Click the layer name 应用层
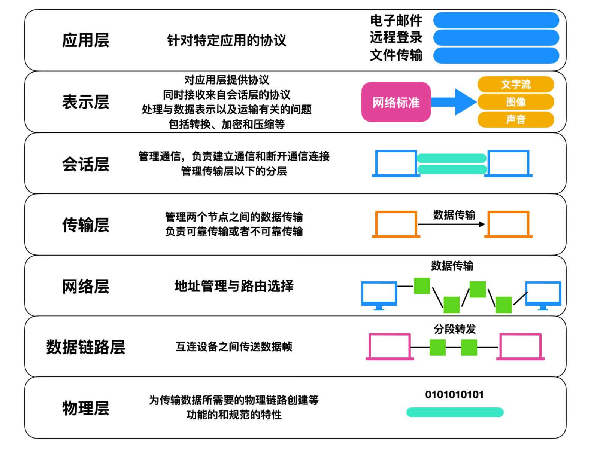coord(85,40)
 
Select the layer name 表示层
coord(85,102)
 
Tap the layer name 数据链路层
coord(85,347)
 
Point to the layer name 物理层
coord(85,408)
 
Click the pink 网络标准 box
coord(396,102)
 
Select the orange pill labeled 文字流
coord(516,85)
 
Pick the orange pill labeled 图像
coord(516,102)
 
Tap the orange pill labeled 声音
coord(516,119)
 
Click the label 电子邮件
coord(396,21)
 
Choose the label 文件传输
coord(396,55)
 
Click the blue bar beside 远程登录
coord(496,37)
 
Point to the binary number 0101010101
coord(454,395)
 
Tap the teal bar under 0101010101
coord(455,412)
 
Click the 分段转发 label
coord(455,329)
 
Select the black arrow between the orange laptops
coord(451,224)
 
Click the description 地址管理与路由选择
coord(234,286)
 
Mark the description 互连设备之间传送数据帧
coord(234,347)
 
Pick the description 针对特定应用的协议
coord(227,40)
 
